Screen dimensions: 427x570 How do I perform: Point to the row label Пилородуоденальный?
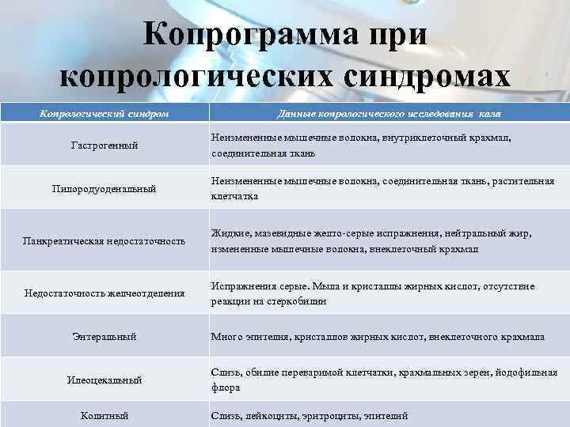click(104, 188)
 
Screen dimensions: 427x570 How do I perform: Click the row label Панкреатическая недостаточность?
click(104, 240)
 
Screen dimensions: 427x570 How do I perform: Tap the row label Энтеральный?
click(104, 337)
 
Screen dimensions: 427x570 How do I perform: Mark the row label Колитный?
click(104, 415)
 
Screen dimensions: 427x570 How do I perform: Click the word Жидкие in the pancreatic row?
click(227, 233)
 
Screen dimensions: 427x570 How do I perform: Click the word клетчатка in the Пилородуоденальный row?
click(234, 196)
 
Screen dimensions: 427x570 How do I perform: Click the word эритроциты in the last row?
click(331, 415)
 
